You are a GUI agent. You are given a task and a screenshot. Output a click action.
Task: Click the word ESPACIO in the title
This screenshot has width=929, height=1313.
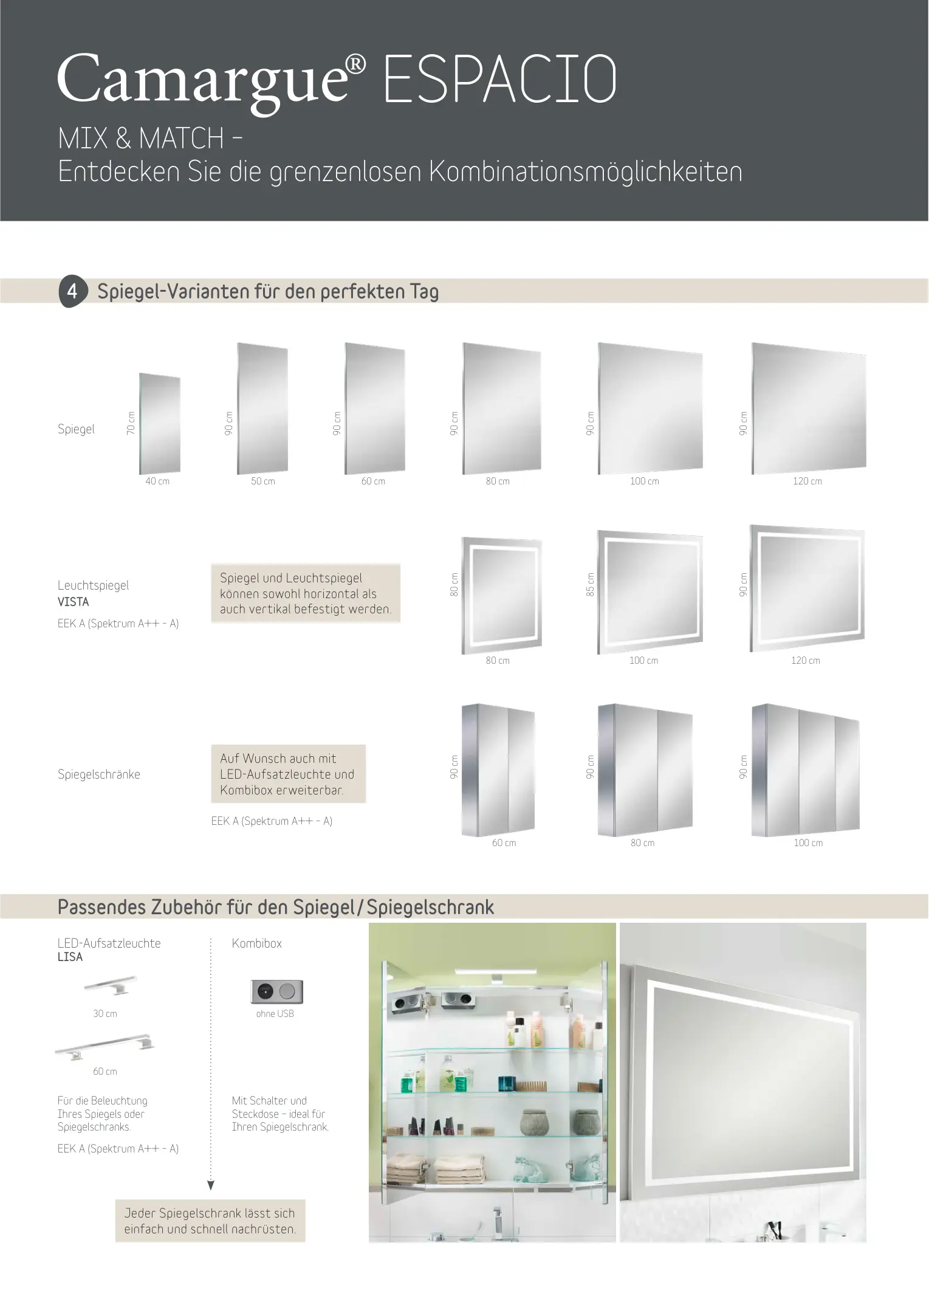click(500, 79)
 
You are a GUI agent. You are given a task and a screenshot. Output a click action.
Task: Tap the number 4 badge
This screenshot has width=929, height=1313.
click(73, 291)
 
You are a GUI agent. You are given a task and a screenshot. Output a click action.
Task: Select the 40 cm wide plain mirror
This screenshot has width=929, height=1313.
click(160, 423)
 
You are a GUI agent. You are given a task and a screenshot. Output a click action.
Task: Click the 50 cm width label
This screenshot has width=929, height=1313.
click(263, 481)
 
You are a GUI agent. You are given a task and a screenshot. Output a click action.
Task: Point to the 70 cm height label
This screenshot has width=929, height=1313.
click(131, 423)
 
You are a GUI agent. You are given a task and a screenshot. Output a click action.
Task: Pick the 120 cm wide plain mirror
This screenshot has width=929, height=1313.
click(809, 408)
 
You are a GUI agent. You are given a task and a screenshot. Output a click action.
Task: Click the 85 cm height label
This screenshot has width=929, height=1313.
click(590, 584)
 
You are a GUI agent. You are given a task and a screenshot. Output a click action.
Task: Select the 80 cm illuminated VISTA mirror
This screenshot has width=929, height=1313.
click(501, 595)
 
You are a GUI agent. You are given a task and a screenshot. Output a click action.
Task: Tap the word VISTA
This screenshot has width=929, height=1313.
click(74, 602)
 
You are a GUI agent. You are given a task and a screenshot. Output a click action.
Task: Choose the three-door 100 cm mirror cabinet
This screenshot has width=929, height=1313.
click(806, 770)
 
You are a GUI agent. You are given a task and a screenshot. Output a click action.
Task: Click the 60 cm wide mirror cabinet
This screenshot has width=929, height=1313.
click(498, 770)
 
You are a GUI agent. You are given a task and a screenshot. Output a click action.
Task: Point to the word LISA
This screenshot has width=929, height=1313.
click(70, 957)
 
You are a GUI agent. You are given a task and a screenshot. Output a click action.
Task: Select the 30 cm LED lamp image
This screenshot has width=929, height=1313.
click(111, 985)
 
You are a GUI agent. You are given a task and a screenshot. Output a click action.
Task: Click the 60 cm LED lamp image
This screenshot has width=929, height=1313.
click(105, 1046)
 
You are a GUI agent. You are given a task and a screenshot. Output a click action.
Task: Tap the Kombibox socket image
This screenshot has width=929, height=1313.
click(276, 991)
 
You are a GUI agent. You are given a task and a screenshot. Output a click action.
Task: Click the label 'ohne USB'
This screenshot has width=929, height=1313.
click(275, 1013)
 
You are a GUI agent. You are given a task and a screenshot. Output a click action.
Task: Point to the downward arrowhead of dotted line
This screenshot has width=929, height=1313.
click(211, 1185)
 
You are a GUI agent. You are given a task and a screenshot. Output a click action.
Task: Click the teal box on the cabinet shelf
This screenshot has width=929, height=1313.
click(506, 1083)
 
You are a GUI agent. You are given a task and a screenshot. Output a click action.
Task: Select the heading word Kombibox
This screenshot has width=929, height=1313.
click(257, 943)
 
